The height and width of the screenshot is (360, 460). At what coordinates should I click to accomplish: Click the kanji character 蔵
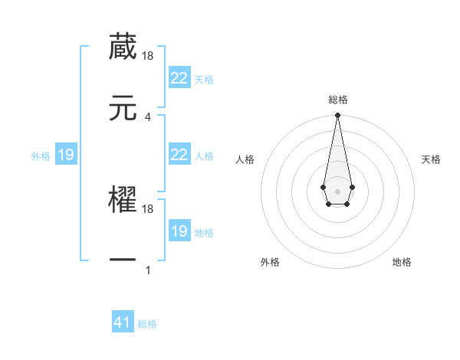click(123, 47)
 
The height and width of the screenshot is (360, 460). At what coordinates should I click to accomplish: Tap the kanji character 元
click(123, 108)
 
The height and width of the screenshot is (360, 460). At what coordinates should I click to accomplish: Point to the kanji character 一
click(123, 260)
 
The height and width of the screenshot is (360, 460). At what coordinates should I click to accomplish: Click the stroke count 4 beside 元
click(148, 116)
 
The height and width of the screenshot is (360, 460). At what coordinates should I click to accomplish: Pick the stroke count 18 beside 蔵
click(148, 55)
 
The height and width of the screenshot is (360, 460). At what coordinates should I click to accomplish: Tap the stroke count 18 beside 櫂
click(148, 208)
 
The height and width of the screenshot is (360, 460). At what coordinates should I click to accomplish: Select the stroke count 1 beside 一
click(148, 270)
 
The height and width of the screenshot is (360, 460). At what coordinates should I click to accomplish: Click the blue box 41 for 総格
click(123, 322)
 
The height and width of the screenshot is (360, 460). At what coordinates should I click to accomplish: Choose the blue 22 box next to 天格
click(179, 78)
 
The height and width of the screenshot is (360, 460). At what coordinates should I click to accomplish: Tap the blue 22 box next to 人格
click(179, 155)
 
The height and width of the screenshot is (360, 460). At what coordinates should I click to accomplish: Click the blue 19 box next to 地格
click(179, 231)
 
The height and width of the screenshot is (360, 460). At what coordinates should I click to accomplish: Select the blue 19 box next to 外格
click(65, 155)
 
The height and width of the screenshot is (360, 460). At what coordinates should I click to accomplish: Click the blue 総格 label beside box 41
click(147, 324)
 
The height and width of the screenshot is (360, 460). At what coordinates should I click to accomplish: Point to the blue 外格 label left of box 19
click(41, 156)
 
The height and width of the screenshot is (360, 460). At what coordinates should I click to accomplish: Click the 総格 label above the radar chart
click(337, 100)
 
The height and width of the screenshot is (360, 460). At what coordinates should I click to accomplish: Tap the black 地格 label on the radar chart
click(402, 262)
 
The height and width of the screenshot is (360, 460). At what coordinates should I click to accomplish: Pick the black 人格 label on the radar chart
click(245, 159)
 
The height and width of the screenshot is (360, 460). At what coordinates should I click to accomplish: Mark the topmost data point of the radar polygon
click(337, 116)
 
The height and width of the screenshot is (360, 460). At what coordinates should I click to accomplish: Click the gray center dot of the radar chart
click(337, 190)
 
